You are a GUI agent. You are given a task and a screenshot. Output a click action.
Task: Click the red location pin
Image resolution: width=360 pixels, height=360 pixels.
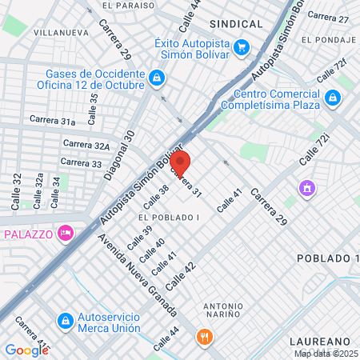(x=180, y=162)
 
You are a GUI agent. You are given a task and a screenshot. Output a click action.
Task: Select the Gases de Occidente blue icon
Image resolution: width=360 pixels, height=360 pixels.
(x=157, y=78)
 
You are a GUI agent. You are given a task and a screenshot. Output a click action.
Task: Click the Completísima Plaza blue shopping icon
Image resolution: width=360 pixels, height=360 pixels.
(x=334, y=98)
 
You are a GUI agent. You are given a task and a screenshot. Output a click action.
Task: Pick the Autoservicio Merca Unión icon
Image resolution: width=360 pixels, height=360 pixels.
(x=64, y=321)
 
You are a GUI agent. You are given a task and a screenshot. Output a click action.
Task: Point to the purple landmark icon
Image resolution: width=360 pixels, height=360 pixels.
(x=306, y=189)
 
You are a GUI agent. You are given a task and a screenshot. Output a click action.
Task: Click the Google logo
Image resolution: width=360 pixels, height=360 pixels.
(x=26, y=350)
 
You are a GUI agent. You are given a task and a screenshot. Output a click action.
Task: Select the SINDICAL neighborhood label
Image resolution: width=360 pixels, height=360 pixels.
(x=236, y=24)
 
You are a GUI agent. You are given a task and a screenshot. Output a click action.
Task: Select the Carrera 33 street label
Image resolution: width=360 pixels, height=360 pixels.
(x=81, y=162)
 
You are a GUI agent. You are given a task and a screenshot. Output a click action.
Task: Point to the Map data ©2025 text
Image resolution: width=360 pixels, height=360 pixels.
(x=326, y=354)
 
